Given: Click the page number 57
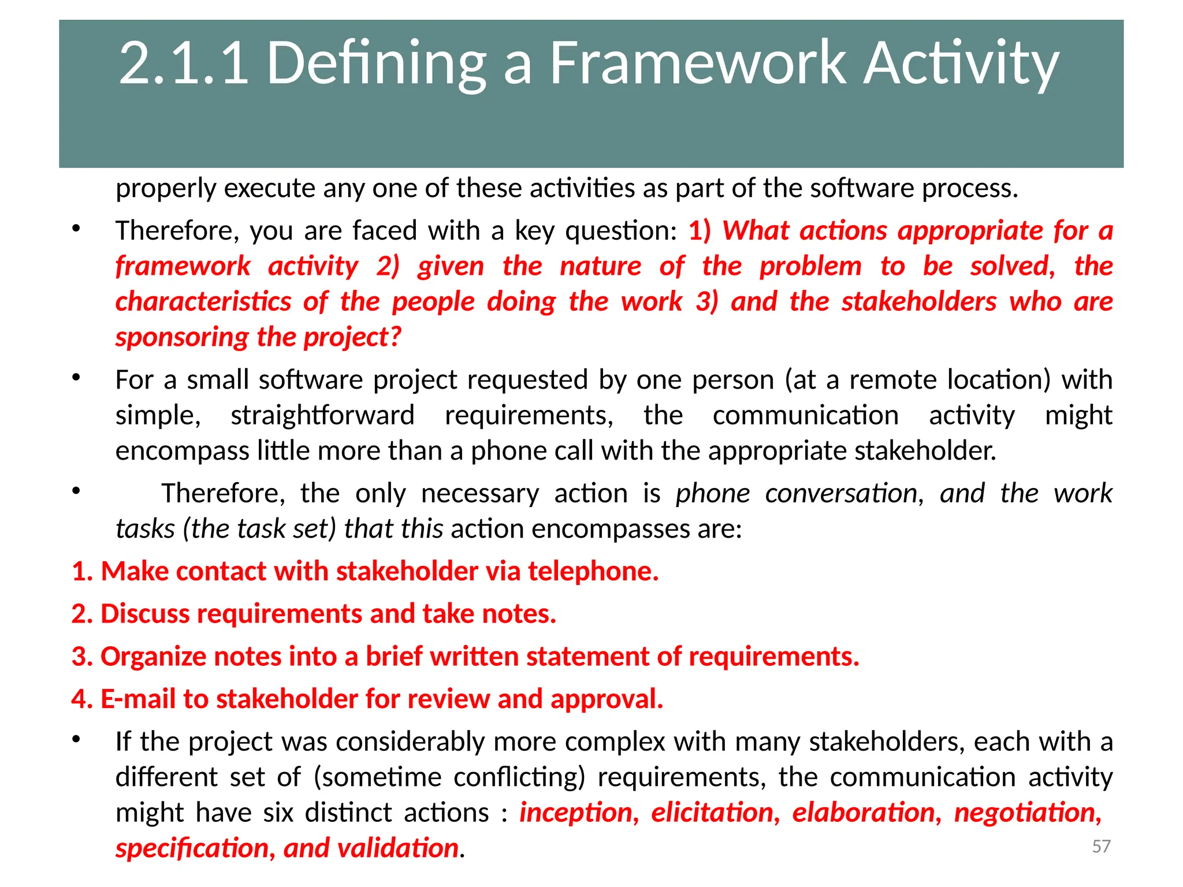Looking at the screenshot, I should [1101, 846].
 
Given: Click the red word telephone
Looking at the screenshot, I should [593, 571].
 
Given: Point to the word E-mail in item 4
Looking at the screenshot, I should [138, 699].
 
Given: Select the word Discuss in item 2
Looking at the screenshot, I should [145, 614].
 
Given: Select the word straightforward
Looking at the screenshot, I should [322, 416].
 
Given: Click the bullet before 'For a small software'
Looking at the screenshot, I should [76, 378].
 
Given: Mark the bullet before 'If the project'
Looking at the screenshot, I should [76, 740].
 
